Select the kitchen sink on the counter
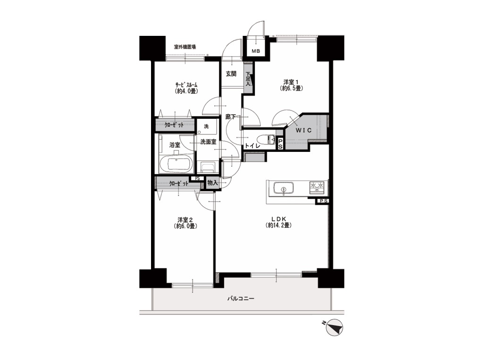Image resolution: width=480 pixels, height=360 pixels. tap(284, 188)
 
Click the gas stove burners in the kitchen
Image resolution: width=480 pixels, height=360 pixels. tap(317, 187)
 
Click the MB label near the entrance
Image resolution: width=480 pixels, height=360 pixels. tap(256, 51)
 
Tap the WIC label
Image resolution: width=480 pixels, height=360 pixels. tap(303, 130)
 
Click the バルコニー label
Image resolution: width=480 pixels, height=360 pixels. tap(240, 298)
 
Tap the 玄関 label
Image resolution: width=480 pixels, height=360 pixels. tap(231, 74)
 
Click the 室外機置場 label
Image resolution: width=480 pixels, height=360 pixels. tap(185, 47)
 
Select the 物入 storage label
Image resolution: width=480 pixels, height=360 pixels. tap(212, 183)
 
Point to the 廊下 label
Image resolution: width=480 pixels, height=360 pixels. tap(230, 117)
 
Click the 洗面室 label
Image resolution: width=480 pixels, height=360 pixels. tap(208, 142)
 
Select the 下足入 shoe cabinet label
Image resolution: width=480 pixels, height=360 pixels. tap(248, 78)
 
